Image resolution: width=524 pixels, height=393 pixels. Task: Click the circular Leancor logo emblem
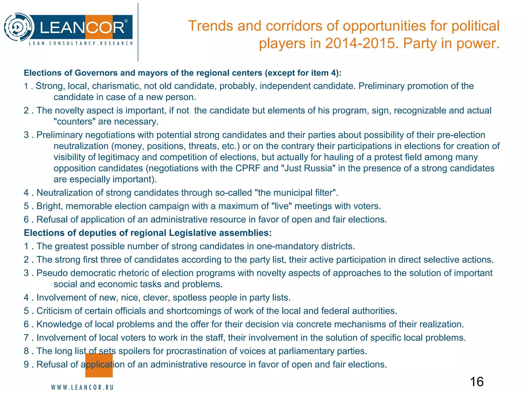tap(19, 27)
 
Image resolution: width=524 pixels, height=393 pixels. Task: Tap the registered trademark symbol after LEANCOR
tap(126, 21)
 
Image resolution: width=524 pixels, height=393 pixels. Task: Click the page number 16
tap(477, 382)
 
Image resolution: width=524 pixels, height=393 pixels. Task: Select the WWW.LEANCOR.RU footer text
tap(82, 387)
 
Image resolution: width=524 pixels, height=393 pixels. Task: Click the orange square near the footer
tap(99, 365)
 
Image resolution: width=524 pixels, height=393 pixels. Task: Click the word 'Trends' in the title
tap(210, 26)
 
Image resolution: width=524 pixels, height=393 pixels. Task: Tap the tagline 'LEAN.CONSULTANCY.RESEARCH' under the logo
tap(81, 43)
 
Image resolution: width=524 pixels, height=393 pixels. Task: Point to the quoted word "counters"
tap(74, 122)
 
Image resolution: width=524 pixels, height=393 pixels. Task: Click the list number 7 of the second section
tap(26, 338)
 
